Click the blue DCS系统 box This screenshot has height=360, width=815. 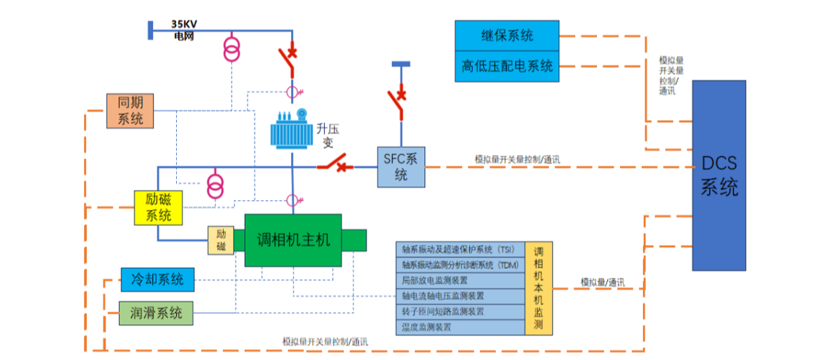pos(719,175)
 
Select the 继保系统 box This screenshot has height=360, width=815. pos(507,35)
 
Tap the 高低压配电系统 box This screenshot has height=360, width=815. pos(507,67)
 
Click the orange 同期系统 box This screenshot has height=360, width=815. pos(130,111)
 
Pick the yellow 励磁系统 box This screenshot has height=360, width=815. pos(158,207)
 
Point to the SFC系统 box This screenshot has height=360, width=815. pos(400,167)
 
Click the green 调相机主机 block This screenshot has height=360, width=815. pos(293,240)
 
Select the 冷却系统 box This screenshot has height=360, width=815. pos(157,280)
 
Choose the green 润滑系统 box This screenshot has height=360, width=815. pos(156,313)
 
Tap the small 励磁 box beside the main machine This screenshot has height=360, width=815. pos(221,241)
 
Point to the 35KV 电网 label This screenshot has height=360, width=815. pos(184,28)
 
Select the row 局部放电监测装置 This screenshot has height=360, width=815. pos(460,281)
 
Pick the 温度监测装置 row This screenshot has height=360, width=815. pos(460,327)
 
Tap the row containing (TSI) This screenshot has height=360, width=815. pos(460,249)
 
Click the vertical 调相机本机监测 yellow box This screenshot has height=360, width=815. pos(539,288)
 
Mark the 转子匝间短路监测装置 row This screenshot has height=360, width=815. pos(460,312)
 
